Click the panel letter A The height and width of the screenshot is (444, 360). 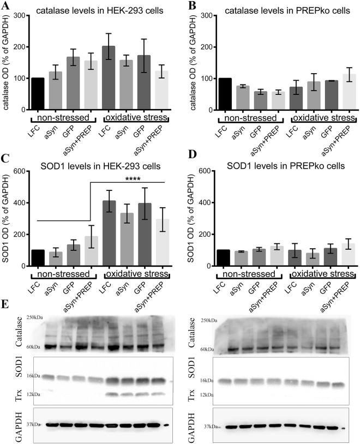(7, 6)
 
